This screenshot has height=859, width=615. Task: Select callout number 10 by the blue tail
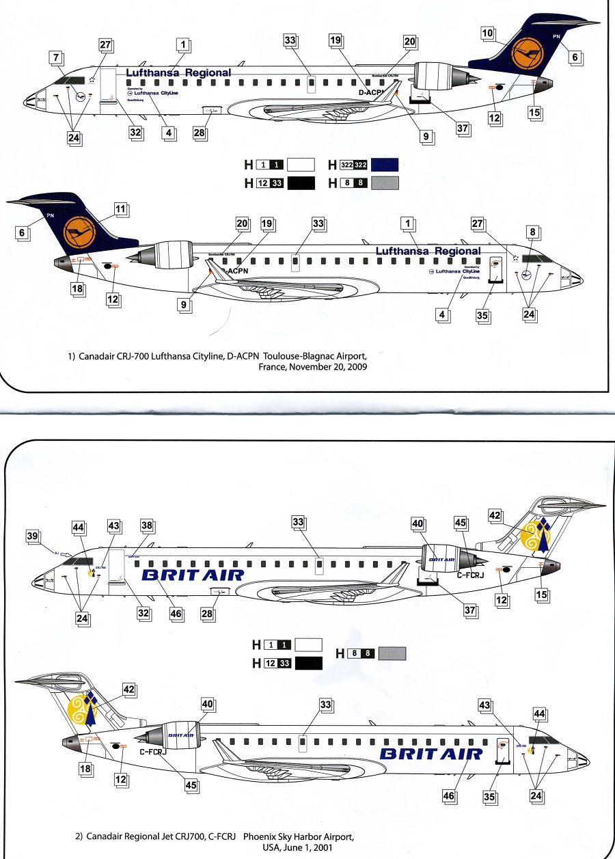pos(487,32)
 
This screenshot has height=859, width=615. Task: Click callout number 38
pos(146,525)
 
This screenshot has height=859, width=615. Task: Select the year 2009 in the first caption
pos(357,367)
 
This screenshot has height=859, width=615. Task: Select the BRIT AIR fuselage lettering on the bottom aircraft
pos(430,753)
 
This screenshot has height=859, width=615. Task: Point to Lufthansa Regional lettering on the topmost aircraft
pos(178,72)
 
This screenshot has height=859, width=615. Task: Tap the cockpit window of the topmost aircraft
pos(70,81)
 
